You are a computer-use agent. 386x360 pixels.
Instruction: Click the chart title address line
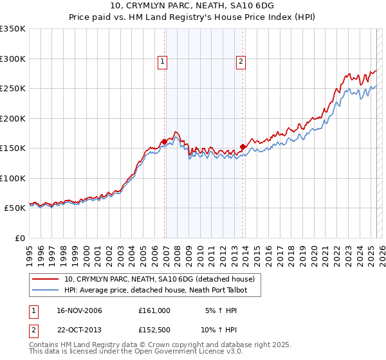point(192,5)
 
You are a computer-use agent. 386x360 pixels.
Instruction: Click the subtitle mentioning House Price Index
point(192,17)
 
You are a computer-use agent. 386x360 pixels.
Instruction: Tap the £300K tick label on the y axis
point(13,59)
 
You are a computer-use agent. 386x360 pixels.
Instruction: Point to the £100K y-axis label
point(13,178)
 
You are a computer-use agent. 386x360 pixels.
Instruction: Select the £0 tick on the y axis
point(19,238)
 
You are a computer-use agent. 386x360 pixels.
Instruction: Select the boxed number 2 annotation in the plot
point(241,62)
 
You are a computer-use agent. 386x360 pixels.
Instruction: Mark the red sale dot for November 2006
point(165,141)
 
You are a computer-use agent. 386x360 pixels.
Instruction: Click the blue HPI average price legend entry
point(155,291)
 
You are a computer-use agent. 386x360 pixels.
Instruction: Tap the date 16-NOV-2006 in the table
point(79,310)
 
